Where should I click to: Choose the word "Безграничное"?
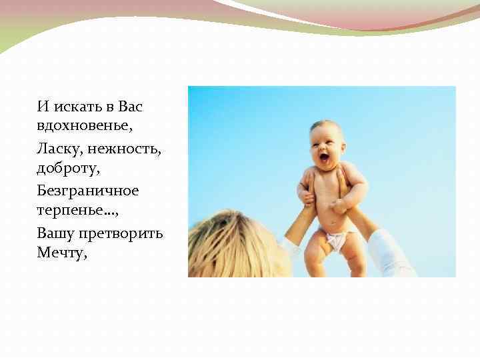pos(88,191)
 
